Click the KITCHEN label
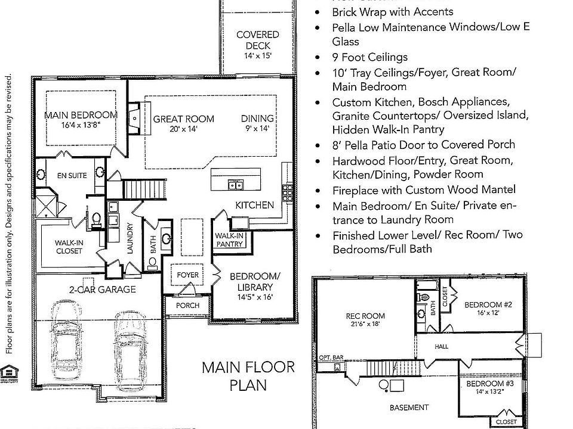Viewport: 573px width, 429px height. [x=254, y=205]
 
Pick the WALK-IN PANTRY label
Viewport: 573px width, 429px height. [x=229, y=240]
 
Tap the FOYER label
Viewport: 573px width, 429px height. [x=187, y=275]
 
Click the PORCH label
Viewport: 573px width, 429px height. [x=187, y=305]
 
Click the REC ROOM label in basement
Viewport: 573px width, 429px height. [x=365, y=320]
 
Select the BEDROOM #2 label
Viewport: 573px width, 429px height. [x=488, y=309]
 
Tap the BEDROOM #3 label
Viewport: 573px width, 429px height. [x=488, y=387]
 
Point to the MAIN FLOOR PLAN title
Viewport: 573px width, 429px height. [x=248, y=375]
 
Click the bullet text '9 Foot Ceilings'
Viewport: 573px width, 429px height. [x=369, y=57]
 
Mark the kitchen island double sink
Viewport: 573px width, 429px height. [x=235, y=185]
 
